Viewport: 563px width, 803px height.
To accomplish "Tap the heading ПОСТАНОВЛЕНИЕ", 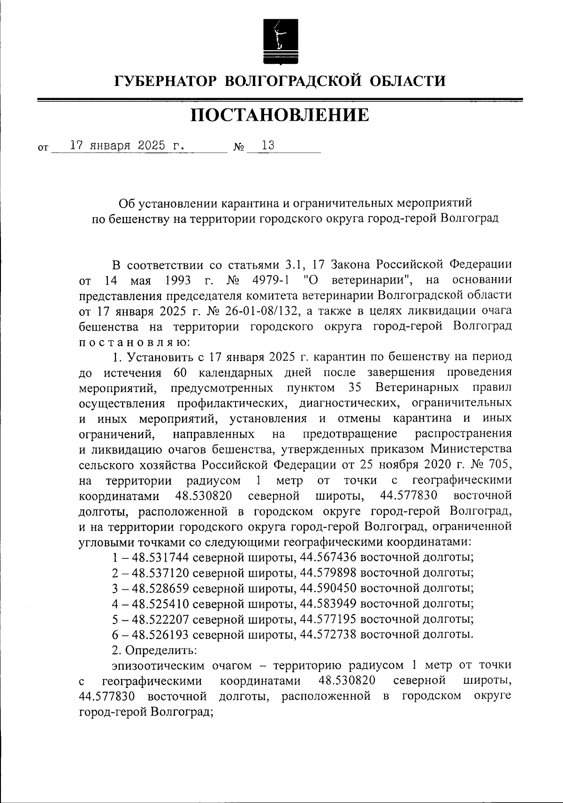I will coord(280,115).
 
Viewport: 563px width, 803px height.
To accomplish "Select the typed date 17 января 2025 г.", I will coord(126,146).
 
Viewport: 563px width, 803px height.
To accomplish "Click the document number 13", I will coord(268,146).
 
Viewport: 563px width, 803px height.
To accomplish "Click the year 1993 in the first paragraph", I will coord(178,280).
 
